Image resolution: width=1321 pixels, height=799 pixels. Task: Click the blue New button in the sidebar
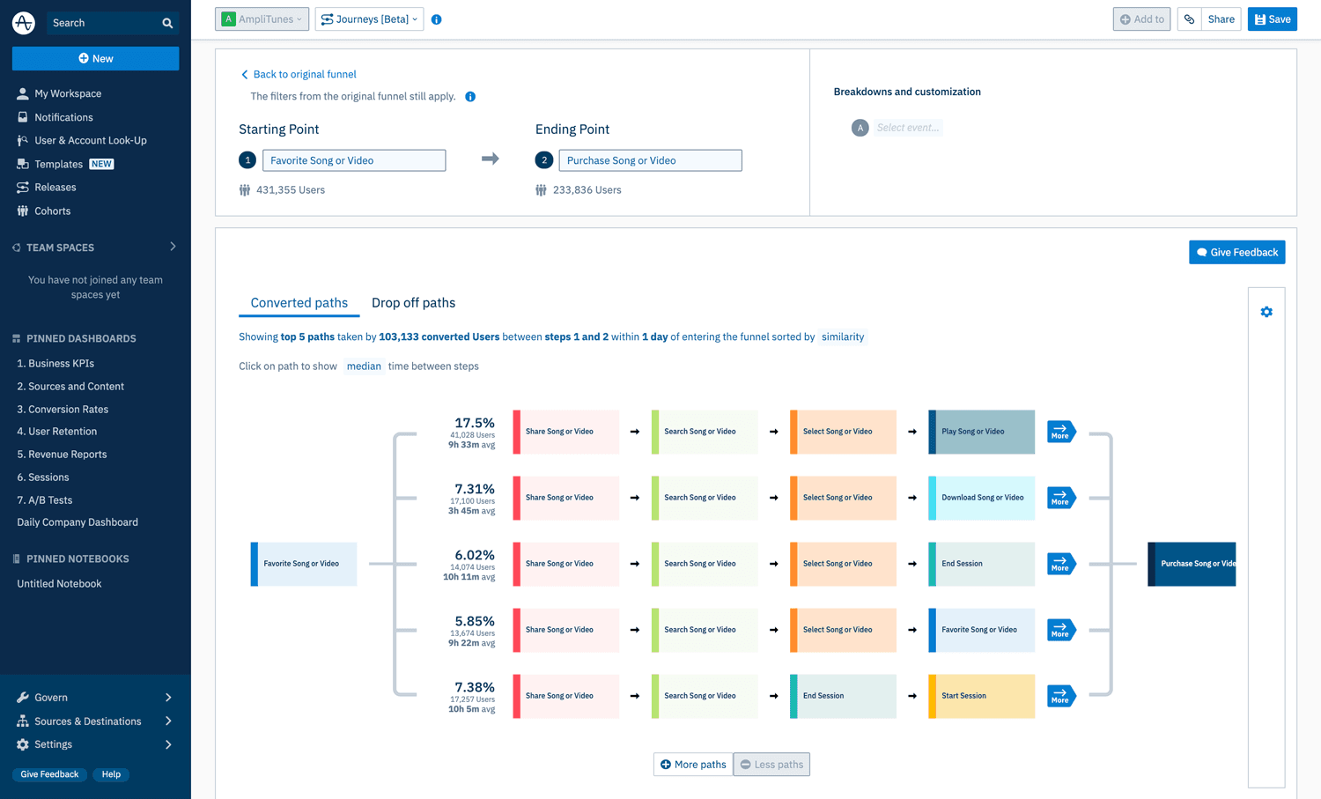pos(95,58)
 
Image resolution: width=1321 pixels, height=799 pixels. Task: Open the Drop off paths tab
pos(413,303)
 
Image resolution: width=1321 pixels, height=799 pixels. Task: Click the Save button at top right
pos(1272,19)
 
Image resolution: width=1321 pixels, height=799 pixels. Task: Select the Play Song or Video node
pos(981,432)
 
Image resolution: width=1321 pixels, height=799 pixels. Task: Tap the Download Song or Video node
pos(981,498)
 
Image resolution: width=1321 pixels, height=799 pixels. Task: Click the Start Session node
pos(981,696)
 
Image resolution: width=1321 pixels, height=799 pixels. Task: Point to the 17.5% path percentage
pos(474,423)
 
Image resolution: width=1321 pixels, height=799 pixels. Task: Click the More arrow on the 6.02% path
pos(1060,564)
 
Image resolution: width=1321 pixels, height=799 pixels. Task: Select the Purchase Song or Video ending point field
pos(650,160)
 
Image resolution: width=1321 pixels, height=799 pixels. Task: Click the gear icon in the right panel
pos(1266,312)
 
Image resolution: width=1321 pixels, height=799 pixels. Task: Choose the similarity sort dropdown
pos(843,337)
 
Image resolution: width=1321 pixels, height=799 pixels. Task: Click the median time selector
pos(363,366)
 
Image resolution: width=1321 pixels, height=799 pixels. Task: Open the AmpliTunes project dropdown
pos(262,19)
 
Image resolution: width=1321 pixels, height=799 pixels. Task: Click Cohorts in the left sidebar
pos(52,211)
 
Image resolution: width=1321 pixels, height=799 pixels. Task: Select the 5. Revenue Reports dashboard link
pos(62,455)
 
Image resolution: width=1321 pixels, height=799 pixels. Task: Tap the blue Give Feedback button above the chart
pos(1236,253)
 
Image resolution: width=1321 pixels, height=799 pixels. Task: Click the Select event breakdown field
pos(907,128)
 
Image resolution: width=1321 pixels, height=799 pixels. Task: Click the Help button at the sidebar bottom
pos(111,774)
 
